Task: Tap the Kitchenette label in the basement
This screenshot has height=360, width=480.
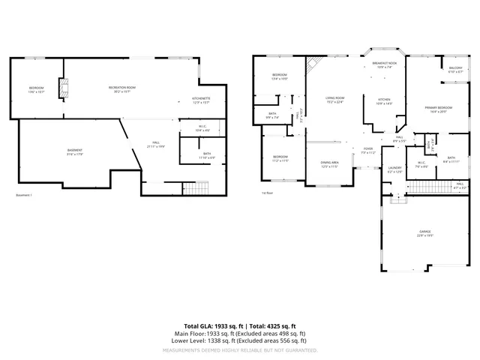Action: (201, 100)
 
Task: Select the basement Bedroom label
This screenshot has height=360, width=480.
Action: (36, 89)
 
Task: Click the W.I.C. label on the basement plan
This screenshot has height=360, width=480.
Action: (202, 127)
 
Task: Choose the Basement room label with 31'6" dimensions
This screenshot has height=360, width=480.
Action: (74, 151)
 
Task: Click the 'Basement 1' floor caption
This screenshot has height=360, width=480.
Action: (24, 195)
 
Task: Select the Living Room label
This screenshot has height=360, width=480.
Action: (334, 100)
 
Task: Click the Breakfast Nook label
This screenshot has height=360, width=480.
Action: (384, 65)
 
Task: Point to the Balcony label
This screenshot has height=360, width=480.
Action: (455, 70)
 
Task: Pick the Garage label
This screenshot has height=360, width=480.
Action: (424, 234)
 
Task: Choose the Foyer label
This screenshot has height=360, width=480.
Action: (368, 150)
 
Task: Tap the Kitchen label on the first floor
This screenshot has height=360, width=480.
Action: (384, 100)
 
